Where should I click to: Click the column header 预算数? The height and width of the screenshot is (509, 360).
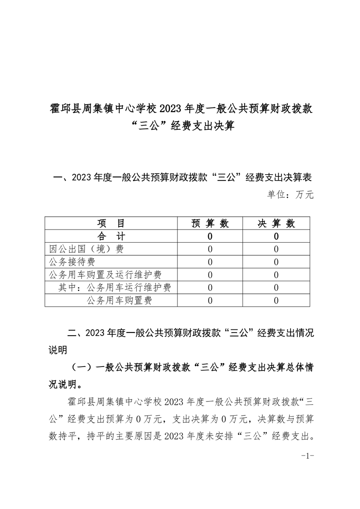pos(210,223)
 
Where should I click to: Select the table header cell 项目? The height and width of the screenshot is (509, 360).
pos(111,223)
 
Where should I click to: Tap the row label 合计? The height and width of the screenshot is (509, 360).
pos(111,236)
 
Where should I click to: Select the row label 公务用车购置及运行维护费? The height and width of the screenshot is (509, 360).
pos(105,274)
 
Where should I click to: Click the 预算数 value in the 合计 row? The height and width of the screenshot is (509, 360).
pos(210,236)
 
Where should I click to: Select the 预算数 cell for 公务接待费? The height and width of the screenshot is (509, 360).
pos(210,262)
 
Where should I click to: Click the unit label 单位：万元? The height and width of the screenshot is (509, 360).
pos(290,195)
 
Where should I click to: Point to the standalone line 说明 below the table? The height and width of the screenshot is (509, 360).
pos(58,350)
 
